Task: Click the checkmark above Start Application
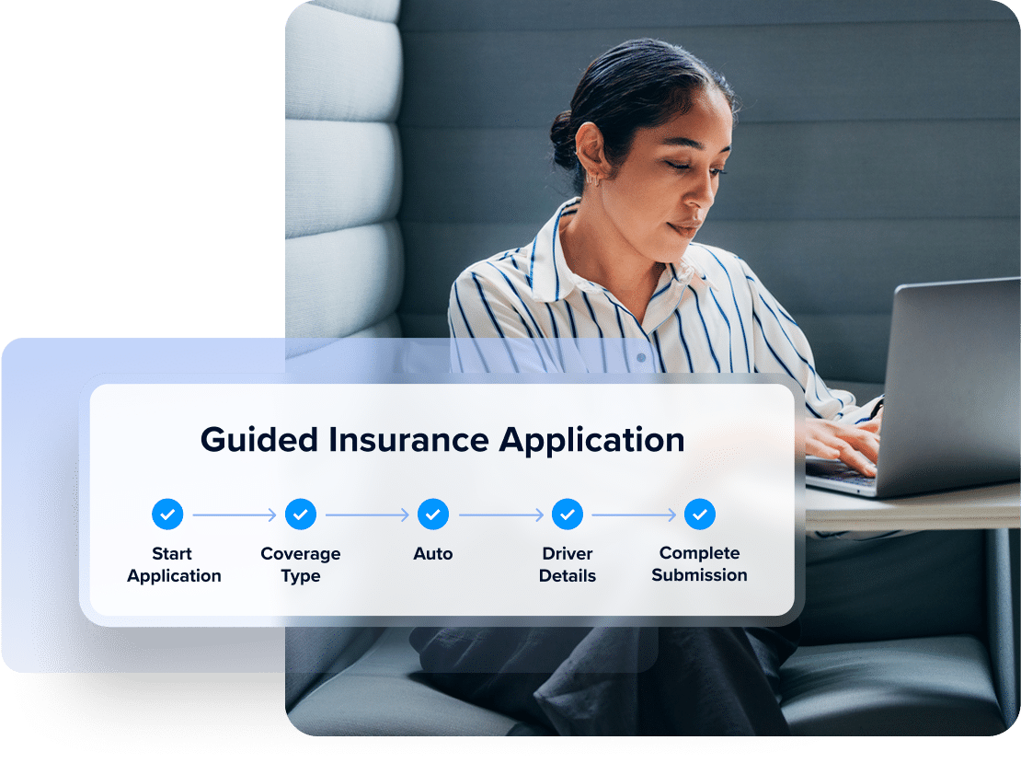point(167,514)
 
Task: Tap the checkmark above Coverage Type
point(300,514)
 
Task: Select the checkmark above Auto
point(433,514)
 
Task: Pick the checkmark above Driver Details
point(568,514)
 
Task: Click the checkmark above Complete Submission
point(699,514)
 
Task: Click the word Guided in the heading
point(259,440)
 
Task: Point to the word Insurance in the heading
point(408,440)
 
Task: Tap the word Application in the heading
point(591,441)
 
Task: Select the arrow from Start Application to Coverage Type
point(235,514)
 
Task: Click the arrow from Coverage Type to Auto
point(367,514)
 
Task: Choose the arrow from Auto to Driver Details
point(500,514)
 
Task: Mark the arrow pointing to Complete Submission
point(634,514)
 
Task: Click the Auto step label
point(433,553)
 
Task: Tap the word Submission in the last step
point(699,574)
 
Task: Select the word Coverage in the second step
point(300,554)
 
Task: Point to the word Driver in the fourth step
point(568,553)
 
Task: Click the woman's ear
point(593,153)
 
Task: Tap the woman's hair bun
point(563,138)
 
